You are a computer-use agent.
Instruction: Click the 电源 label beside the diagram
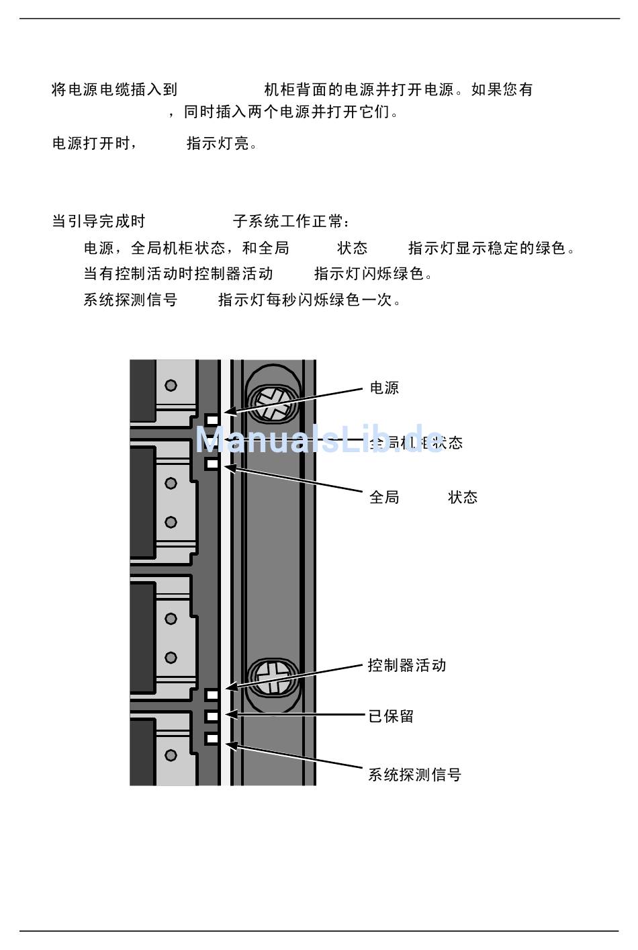[384, 388]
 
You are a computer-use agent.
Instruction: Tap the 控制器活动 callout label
[407, 666]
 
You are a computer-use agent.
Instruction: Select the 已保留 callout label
[391, 716]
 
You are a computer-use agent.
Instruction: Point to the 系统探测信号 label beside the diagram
[414, 775]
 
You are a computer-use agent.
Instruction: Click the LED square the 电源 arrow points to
[213, 420]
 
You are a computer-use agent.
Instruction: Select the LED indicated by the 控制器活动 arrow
[212, 694]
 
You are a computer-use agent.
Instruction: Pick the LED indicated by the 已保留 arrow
[212, 716]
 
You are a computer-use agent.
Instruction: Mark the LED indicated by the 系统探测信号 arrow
[212, 738]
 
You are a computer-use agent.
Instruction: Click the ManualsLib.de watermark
[319, 440]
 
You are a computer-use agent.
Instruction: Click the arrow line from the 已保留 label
[295, 716]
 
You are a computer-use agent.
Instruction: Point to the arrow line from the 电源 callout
[295, 400]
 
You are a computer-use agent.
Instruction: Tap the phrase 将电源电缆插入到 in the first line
[115, 89]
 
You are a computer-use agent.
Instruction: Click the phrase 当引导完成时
[99, 221]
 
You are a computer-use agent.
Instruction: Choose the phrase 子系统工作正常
[290, 221]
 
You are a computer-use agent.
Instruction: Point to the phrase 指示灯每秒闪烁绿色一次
[310, 300]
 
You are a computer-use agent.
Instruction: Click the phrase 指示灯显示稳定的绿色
[492, 248]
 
